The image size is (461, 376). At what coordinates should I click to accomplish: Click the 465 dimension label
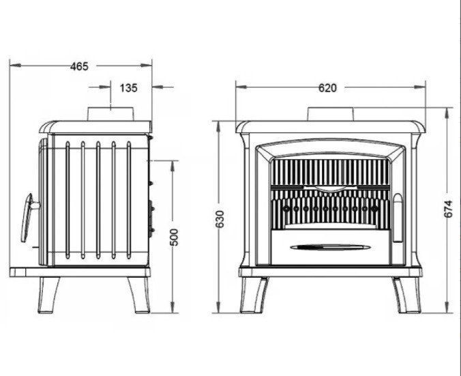[79, 66]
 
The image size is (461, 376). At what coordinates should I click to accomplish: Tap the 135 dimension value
[128, 87]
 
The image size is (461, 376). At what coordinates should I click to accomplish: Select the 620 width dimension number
[327, 87]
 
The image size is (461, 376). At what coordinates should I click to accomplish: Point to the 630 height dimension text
[220, 219]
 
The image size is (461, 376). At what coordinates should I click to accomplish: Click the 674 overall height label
[448, 209]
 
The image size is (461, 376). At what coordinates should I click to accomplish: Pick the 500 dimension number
[174, 237]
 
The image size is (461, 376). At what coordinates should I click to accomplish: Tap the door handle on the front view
[398, 218]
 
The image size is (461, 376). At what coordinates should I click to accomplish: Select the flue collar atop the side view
[110, 114]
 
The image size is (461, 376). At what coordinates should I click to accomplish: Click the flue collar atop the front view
[331, 114]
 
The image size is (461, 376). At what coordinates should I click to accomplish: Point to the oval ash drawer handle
[331, 248]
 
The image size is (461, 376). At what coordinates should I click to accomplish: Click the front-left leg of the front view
[253, 295]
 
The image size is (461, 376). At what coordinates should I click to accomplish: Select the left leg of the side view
[48, 295]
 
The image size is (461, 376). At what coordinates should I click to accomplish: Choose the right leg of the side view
[138, 295]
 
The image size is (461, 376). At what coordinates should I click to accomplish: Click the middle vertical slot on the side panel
[98, 200]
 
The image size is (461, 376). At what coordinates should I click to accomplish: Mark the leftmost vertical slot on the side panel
[68, 200]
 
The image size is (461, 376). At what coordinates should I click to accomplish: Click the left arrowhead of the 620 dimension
[241, 87]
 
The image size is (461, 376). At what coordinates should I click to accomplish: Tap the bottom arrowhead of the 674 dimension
[447, 308]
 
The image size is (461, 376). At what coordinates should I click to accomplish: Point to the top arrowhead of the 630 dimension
[218, 126]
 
